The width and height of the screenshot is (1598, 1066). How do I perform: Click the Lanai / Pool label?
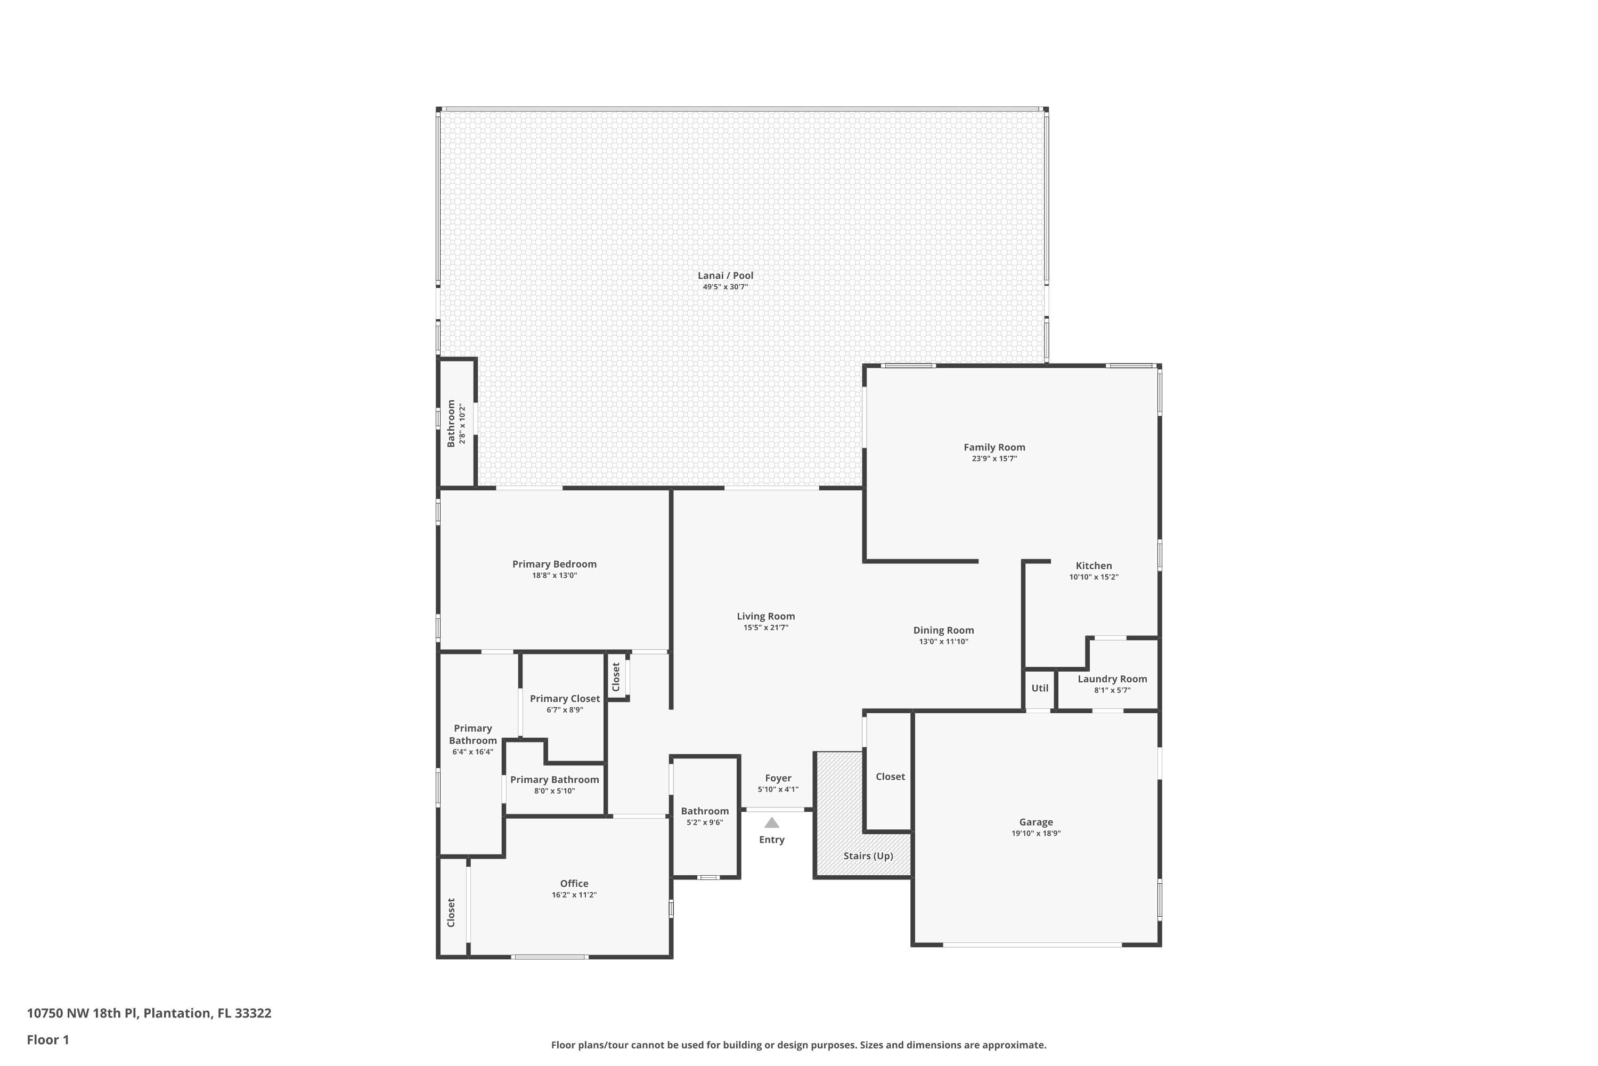click(725, 276)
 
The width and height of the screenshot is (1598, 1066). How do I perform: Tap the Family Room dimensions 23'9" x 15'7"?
click(994, 459)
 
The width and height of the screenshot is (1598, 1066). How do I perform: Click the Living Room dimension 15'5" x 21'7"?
click(766, 627)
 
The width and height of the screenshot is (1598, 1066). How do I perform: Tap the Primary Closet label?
click(565, 698)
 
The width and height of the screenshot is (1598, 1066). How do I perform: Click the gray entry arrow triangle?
click(772, 822)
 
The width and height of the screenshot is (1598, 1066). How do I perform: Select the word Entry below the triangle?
click(772, 839)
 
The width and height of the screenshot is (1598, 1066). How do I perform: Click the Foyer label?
click(778, 778)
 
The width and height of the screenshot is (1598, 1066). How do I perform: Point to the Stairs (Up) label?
click(868, 856)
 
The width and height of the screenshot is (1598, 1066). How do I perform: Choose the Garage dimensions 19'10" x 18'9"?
click(1036, 834)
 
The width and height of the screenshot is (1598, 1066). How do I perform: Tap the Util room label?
click(1040, 688)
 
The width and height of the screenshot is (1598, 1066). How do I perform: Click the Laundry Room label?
click(1112, 679)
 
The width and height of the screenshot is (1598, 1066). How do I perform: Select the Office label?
click(574, 884)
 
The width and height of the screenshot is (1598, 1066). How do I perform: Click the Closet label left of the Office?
click(451, 912)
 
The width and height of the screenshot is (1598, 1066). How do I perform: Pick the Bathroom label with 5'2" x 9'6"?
click(705, 811)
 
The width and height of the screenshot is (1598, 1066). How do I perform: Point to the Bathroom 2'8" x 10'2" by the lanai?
click(456, 423)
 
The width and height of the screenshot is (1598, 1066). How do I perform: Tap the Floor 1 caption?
click(47, 1039)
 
